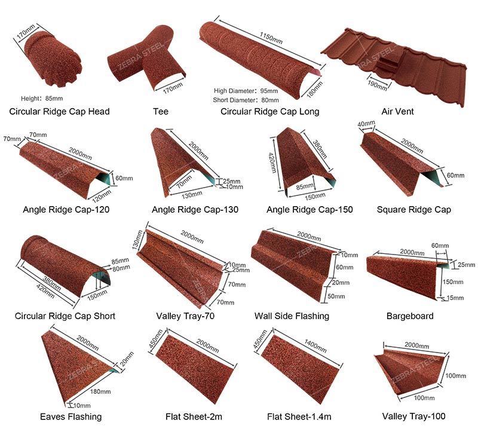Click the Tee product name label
coord(161,111)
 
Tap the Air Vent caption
coord(397,111)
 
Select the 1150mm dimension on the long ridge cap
coord(271,38)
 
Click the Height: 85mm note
coord(42,99)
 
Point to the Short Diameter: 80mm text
coord(246,100)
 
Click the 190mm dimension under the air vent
coord(377,85)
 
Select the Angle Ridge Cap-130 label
coord(195,210)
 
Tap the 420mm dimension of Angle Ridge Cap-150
coord(272,163)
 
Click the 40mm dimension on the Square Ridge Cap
coord(366,124)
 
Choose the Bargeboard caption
coord(410,316)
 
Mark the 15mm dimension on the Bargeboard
coord(455,298)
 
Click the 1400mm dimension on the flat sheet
coord(315,346)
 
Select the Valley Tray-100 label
coord(413,416)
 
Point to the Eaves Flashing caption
coord(71,416)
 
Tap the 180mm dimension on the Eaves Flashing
coord(100,391)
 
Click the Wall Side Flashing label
coord(292,316)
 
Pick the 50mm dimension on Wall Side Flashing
coord(336,296)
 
